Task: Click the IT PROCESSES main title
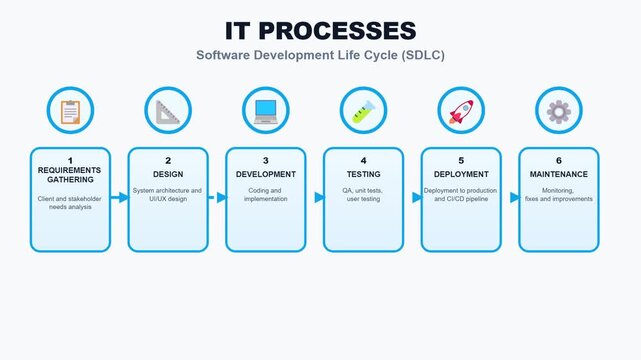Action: [320, 30]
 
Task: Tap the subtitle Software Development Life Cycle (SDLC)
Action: [320, 55]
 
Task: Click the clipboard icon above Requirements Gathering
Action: [70, 111]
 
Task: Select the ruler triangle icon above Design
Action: [168, 111]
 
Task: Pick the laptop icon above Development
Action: [266, 111]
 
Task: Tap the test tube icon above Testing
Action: [363, 111]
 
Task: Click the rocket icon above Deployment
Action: [461, 111]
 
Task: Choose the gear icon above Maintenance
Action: [559, 111]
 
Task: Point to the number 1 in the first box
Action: [70, 160]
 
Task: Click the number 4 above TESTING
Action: [363, 160]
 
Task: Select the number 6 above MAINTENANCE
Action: [559, 160]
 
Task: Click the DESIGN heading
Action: [168, 173]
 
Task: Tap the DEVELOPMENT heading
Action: [266, 173]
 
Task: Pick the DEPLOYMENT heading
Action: [461, 173]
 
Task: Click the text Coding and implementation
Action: [266, 194]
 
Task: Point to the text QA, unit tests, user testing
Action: [363, 194]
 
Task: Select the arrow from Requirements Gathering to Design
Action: [119, 198]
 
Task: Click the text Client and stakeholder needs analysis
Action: [70, 204]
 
